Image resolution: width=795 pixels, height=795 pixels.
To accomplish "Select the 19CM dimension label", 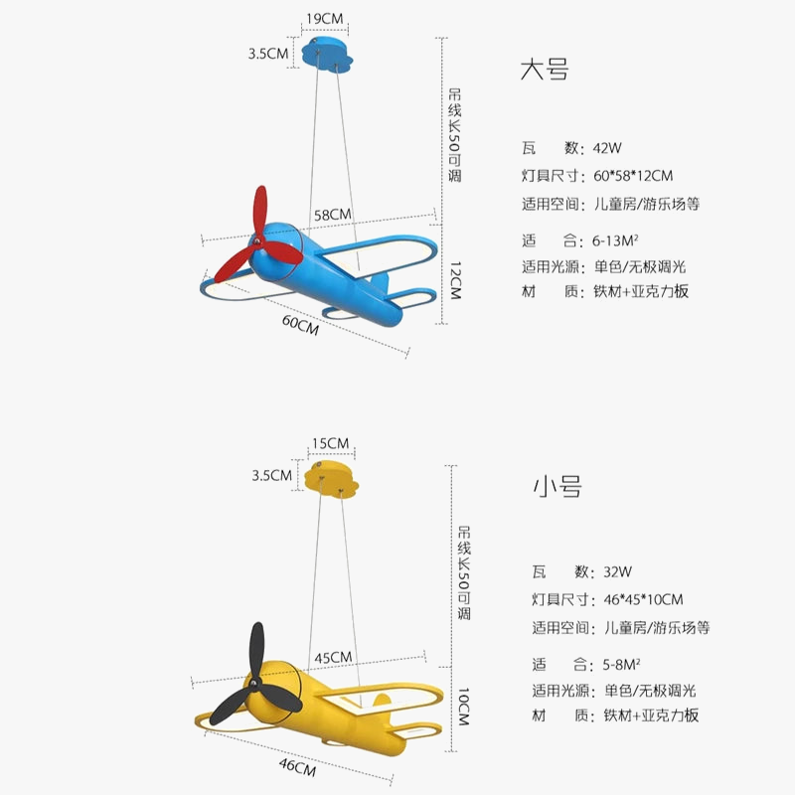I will (x=325, y=17).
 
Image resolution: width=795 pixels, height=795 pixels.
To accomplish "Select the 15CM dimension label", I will (x=330, y=442).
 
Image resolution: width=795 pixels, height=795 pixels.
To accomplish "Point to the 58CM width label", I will (x=332, y=214).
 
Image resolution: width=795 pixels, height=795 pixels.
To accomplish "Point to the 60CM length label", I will (x=300, y=325).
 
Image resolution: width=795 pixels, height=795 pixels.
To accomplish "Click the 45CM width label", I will (x=333, y=657).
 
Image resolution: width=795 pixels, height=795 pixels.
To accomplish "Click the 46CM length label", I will (x=297, y=767).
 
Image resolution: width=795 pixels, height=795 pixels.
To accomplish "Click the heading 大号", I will (x=545, y=71).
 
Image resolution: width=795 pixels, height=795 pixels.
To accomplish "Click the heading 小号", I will (x=556, y=487).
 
